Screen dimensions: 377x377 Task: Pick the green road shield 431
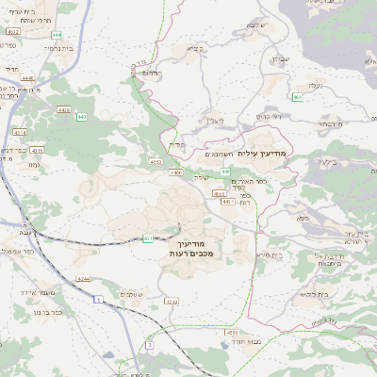click(x=148, y=238)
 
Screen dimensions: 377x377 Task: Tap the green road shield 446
click(x=225, y=171)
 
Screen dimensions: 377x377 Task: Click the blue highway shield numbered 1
click(x=98, y=299)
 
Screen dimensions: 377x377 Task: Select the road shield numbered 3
click(x=148, y=345)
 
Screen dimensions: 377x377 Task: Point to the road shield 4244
click(x=84, y=279)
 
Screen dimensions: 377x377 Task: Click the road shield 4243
click(x=171, y=303)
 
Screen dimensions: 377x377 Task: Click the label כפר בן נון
click(x=43, y=312)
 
